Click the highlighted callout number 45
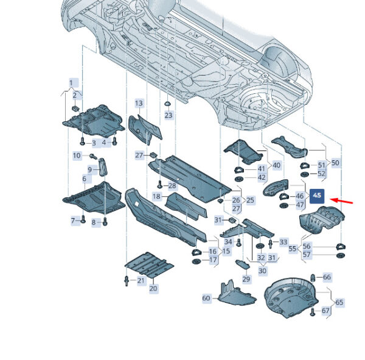click(x=318, y=196)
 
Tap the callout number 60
click(x=206, y=298)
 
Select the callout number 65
click(x=339, y=302)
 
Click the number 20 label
click(x=153, y=288)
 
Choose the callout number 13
click(x=139, y=104)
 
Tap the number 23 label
click(x=169, y=115)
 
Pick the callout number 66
click(x=327, y=277)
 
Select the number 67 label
click(x=325, y=311)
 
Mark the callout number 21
click(x=141, y=280)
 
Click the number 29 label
click(x=246, y=278)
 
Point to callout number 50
click(x=335, y=163)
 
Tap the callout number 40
click(x=276, y=165)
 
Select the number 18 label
click(x=157, y=196)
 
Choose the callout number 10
click(x=77, y=156)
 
